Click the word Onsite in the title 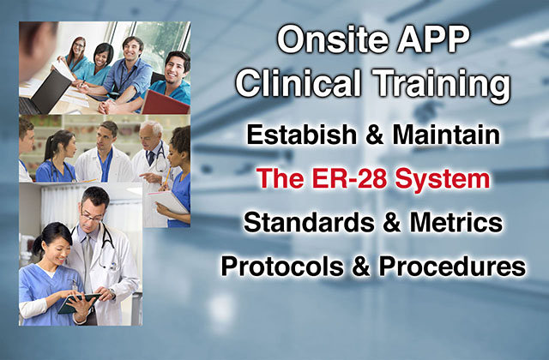click(333, 39)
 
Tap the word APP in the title click(433, 39)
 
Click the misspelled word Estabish click(302, 135)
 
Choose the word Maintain click(446, 135)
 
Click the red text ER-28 click(349, 178)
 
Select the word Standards click(309, 222)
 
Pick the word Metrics click(456, 222)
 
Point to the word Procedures click(452, 267)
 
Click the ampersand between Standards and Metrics click(392, 222)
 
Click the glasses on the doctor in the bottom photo click(92, 217)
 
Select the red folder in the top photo click(166, 103)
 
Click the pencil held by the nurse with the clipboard click(167, 177)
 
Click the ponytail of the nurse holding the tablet click(38, 244)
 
